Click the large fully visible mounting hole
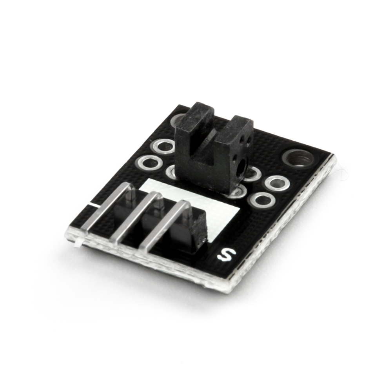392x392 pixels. (297, 159)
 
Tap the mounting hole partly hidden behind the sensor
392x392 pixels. (178, 120)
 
